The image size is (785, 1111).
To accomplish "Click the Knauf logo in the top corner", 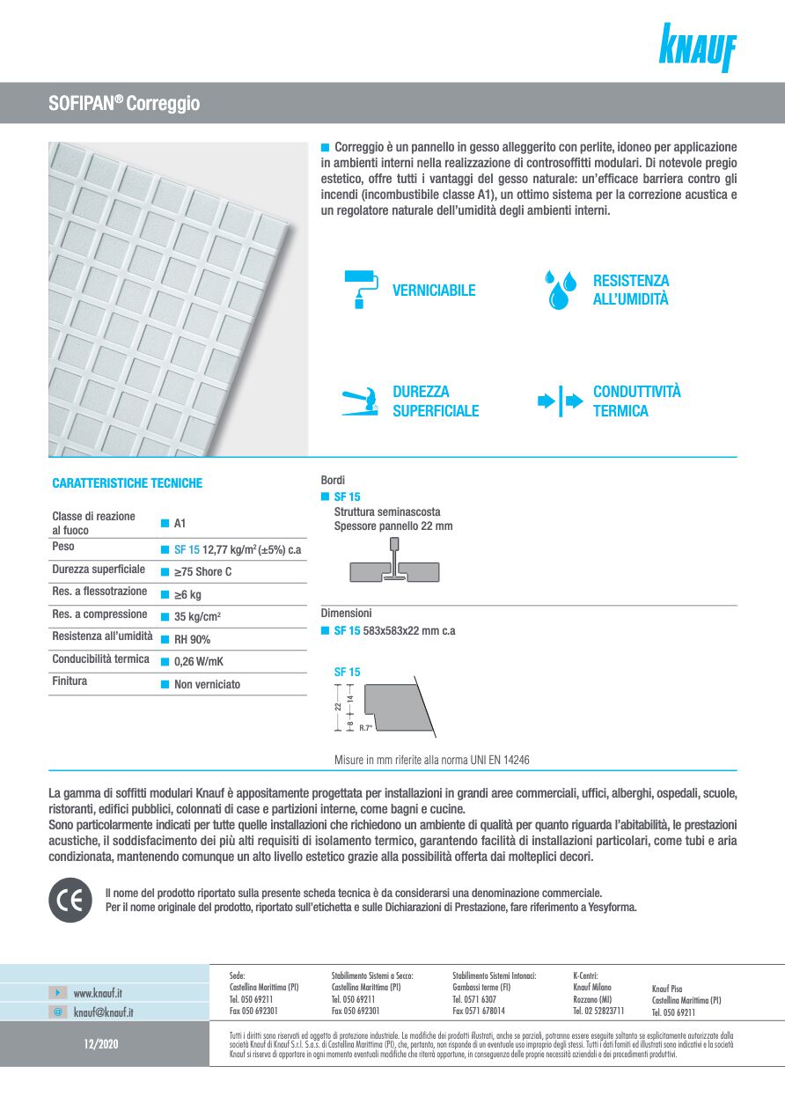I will click(x=697, y=48).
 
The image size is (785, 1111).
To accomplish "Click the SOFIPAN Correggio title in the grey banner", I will click(x=124, y=104).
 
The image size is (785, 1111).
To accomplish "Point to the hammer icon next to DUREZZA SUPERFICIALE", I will click(x=359, y=401).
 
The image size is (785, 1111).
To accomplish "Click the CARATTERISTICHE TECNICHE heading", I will click(x=127, y=483).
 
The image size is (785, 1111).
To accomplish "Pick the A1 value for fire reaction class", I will click(x=180, y=524).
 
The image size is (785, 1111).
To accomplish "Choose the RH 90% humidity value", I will click(x=192, y=640).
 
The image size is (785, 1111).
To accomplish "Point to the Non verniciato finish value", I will click(x=207, y=685).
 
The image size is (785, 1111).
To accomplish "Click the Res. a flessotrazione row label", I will click(x=99, y=592).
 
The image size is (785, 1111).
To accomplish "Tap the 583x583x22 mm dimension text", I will click(x=408, y=631).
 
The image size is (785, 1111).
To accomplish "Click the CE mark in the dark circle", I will click(x=70, y=901).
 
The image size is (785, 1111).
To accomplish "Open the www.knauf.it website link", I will click(x=98, y=993).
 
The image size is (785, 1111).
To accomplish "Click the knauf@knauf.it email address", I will click(x=103, y=1012).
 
